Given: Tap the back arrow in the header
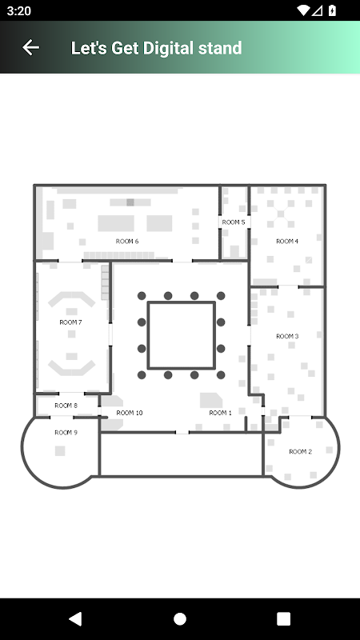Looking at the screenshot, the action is tap(30, 47).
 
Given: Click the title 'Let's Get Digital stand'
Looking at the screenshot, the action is tap(156, 48).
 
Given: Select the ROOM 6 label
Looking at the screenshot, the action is tap(127, 242).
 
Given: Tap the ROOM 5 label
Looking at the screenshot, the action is tap(234, 222).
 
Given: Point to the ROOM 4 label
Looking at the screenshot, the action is tap(287, 242).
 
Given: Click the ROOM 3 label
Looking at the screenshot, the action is tap(287, 336).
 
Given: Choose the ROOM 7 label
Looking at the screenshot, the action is tap(70, 322).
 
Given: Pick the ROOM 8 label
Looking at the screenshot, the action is tap(66, 406).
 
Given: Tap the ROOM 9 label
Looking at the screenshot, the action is tap(66, 433).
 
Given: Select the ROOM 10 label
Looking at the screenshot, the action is tap(130, 413).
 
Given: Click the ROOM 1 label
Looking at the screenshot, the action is tap(221, 413).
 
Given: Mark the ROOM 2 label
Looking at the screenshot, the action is tap(301, 452).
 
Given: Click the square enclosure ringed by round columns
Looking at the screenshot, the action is tap(182, 302).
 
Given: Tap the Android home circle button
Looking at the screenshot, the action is tap(179, 619).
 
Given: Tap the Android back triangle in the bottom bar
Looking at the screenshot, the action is tap(75, 619).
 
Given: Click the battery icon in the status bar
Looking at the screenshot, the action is tap(332, 10).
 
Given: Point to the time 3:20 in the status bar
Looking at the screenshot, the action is tap(18, 10).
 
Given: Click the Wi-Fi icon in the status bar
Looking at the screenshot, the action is tap(304, 10).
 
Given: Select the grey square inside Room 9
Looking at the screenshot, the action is tap(60, 451).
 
